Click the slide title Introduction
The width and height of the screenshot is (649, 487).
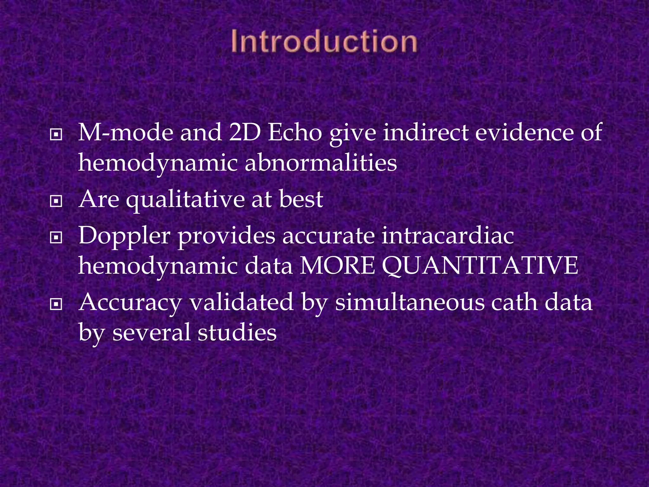coord(324,42)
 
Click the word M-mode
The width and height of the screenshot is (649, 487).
coord(125,132)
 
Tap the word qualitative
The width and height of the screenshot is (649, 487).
coord(185,200)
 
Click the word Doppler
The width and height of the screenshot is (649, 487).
coord(125,237)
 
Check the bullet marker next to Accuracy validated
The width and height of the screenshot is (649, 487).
coord(56,304)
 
